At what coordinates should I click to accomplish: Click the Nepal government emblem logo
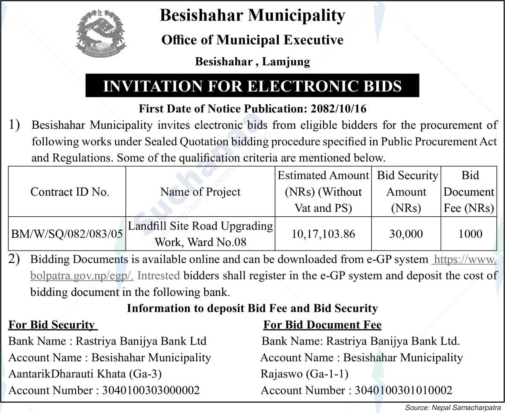click(x=101, y=35)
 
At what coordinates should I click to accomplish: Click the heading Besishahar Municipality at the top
click(x=252, y=16)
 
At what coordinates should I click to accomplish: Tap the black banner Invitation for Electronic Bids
click(x=252, y=86)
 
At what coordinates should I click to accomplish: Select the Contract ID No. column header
click(x=70, y=192)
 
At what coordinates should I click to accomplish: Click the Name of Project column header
click(x=200, y=192)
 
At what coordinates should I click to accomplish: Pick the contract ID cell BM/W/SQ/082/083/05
click(x=67, y=234)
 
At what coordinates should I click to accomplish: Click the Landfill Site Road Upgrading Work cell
click(x=200, y=233)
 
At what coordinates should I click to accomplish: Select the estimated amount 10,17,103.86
click(x=323, y=234)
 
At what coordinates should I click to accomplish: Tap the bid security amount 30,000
click(x=406, y=234)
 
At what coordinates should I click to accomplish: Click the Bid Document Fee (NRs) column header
click(x=469, y=192)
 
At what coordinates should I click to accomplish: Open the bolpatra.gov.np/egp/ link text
click(x=82, y=276)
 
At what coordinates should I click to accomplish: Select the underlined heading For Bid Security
click(x=52, y=325)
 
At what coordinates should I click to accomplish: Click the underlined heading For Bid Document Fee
click(x=322, y=325)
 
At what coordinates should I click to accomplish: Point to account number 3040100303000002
click(x=151, y=390)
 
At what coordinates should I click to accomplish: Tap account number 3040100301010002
click(x=403, y=390)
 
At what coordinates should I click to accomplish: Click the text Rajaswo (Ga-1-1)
click(x=304, y=374)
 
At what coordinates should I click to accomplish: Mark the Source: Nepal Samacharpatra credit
click(x=454, y=408)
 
